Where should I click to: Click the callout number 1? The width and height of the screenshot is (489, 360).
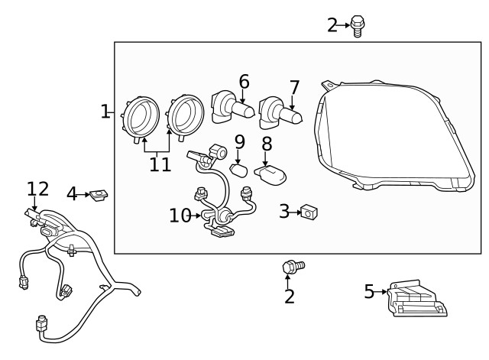(x=105, y=112)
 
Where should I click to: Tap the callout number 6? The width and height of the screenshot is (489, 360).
(x=244, y=82)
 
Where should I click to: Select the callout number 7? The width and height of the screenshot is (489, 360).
(x=294, y=88)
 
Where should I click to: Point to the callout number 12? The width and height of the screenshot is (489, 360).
(x=37, y=189)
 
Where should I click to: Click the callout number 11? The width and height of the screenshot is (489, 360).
(x=160, y=164)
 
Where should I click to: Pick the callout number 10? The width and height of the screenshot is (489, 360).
(x=180, y=216)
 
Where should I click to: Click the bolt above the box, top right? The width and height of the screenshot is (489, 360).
(x=357, y=26)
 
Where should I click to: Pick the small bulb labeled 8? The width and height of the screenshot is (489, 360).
(x=274, y=173)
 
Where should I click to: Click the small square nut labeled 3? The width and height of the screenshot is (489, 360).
(x=309, y=211)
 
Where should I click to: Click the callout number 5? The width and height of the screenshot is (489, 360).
(x=369, y=291)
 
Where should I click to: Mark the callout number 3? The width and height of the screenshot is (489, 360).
(x=283, y=211)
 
